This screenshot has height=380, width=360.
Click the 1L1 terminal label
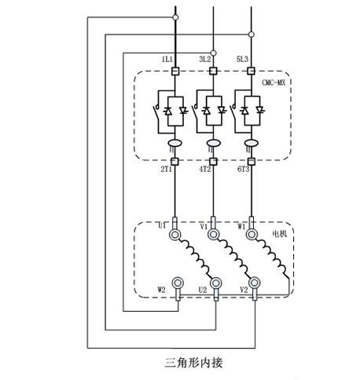tap(167, 60)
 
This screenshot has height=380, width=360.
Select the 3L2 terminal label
tap(205, 60)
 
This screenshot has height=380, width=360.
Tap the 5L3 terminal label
tap(242, 60)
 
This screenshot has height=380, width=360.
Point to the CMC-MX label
tap(274, 82)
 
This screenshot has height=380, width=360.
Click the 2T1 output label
tap(167, 170)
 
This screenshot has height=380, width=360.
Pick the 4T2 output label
tap(205, 170)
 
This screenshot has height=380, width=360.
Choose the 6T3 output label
tap(243, 170)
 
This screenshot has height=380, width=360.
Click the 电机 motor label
tap(280, 233)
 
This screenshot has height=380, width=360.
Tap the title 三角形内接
tap(193, 363)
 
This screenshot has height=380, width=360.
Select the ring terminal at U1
tap(174, 234)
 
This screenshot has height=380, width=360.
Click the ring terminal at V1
tap(213, 234)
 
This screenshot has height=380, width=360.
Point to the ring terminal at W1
tap(252, 234)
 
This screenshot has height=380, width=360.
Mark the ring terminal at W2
tap(178, 283)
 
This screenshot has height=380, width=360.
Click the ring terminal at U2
tap(216, 283)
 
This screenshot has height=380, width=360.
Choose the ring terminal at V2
tap(254, 283)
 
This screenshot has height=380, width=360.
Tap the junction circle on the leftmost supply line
tap(175, 17)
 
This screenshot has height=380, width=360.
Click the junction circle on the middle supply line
tap(214, 53)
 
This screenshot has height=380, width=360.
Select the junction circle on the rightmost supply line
tap(252, 35)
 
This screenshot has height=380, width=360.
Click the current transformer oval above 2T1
tap(174, 143)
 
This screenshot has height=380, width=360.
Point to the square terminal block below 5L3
tap(252, 71)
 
